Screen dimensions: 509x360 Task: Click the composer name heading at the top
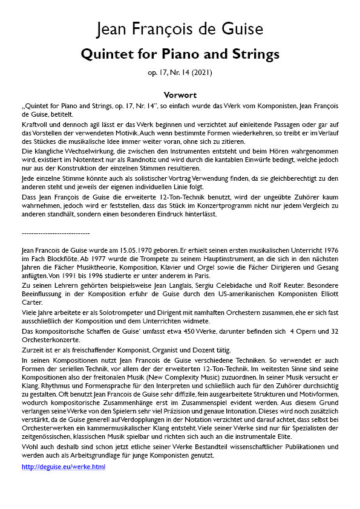point(180,28)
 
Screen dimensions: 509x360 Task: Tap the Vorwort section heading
point(180,95)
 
